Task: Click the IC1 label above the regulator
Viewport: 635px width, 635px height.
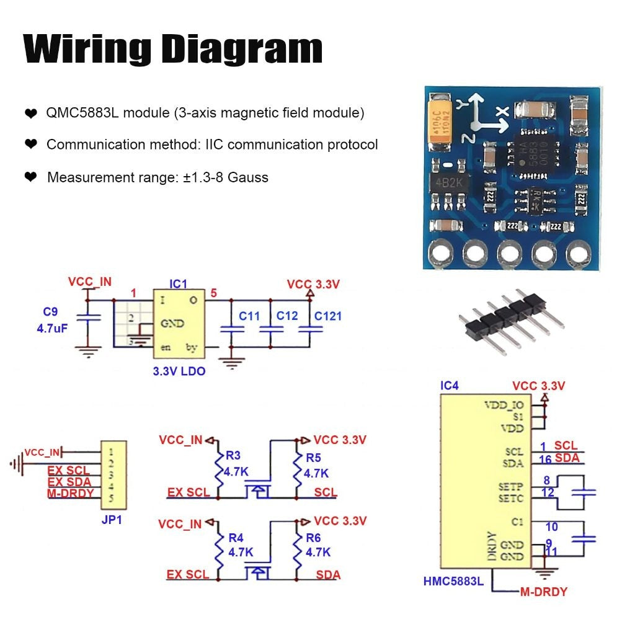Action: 178,283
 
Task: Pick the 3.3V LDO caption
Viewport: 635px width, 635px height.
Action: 179,371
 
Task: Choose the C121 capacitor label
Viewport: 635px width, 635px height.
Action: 327,316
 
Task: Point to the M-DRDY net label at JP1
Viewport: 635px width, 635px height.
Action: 70,494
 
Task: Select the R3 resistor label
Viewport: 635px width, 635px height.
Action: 233,456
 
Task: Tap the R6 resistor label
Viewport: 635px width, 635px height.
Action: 313,537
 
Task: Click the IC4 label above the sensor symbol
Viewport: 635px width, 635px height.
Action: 450,386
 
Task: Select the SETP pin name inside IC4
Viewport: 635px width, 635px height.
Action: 511,486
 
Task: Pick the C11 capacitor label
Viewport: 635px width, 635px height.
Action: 249,316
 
